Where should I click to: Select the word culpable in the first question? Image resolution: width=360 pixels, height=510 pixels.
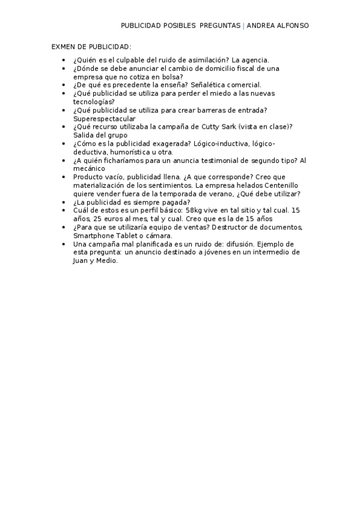tap(132, 60)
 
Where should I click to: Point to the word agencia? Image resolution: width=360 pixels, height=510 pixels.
tap(255, 60)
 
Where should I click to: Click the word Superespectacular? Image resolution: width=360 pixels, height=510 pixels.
tap(104, 119)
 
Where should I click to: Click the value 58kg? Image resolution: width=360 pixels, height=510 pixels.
tap(196, 211)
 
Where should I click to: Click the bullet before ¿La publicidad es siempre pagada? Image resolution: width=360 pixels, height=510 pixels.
tap(64, 203)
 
